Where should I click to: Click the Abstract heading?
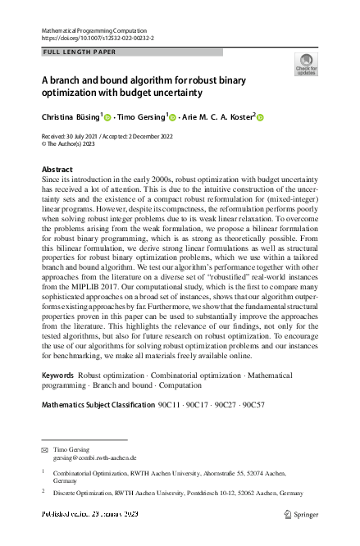pos(57,170)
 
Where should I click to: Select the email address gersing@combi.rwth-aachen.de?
pos(94,458)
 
